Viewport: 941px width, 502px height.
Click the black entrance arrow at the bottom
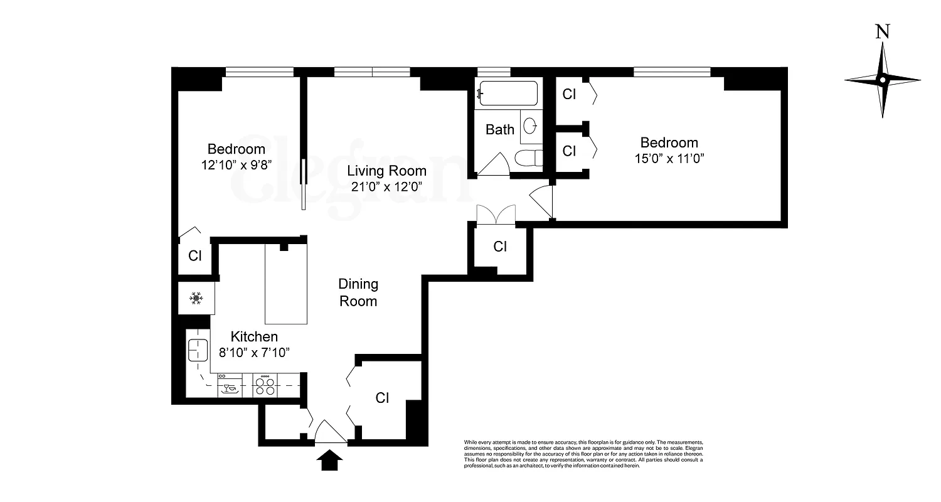[x=330, y=462]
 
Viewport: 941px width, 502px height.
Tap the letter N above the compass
[x=883, y=31]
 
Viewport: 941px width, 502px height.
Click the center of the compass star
[x=883, y=80]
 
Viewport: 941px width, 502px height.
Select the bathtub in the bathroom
[x=508, y=94]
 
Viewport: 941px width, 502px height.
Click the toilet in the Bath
[x=528, y=158]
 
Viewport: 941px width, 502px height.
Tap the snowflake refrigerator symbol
[x=196, y=299]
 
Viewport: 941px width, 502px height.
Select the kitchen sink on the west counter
[x=198, y=350]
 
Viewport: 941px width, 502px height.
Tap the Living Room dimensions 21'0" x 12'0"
[x=386, y=186]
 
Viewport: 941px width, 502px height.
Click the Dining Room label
[x=358, y=292]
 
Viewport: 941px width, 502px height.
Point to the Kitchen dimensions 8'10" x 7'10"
[x=254, y=352]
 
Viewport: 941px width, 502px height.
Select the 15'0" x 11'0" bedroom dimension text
[x=669, y=158]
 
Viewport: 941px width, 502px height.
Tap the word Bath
[x=500, y=130]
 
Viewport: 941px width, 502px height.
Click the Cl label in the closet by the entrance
[x=382, y=398]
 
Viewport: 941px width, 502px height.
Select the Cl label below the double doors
[x=500, y=247]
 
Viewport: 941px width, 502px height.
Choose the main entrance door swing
[x=330, y=433]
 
